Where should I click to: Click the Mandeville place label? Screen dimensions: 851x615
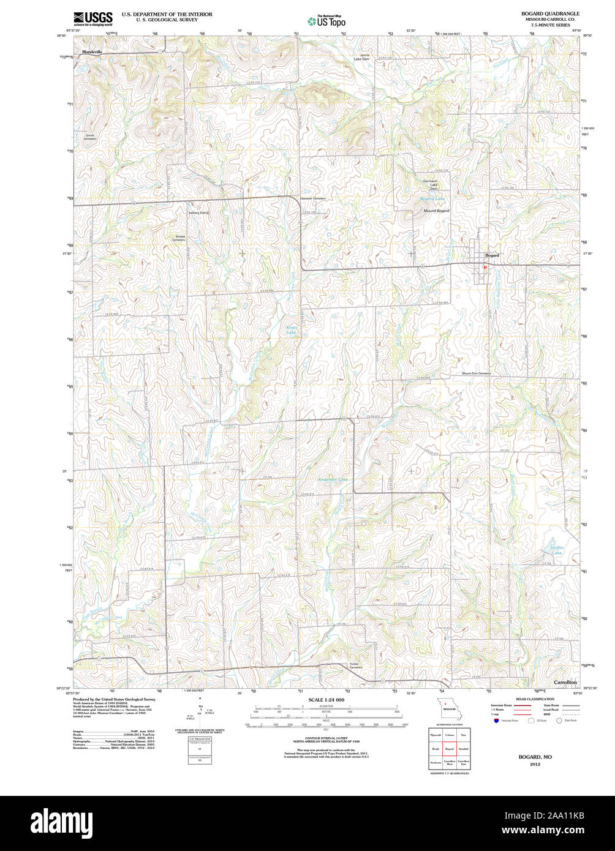[x=92, y=53]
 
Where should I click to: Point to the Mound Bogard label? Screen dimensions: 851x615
[x=436, y=211]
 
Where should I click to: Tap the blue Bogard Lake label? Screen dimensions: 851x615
[x=432, y=200]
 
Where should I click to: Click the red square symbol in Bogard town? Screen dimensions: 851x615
[x=485, y=267]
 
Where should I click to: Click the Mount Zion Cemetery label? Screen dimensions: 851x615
[x=476, y=373]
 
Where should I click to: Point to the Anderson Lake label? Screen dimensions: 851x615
[x=333, y=479]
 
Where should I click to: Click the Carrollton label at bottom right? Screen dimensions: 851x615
[x=565, y=682]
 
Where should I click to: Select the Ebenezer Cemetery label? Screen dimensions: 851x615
[x=313, y=198]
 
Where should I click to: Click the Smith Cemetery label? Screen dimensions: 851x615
[x=90, y=137]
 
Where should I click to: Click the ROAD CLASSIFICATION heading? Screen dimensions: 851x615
[x=535, y=699]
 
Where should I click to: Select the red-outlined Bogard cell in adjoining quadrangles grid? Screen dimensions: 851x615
[x=449, y=749]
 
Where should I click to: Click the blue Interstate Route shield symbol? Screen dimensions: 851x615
[x=496, y=721]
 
